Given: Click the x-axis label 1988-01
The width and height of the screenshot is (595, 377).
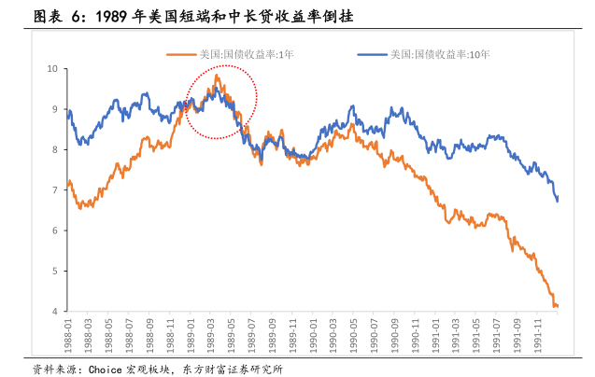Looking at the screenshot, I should point(68,335).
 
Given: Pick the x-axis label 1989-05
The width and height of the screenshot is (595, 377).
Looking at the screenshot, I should point(231,335).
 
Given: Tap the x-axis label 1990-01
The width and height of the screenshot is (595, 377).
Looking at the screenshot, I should point(311,335).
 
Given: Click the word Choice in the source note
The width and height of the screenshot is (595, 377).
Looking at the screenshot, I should point(106,368).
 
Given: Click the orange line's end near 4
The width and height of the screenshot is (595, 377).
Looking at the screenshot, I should point(558,306).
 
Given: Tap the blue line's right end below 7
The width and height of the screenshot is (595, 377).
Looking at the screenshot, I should point(558,199).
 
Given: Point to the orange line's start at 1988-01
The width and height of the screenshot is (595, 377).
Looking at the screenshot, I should point(68,183).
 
